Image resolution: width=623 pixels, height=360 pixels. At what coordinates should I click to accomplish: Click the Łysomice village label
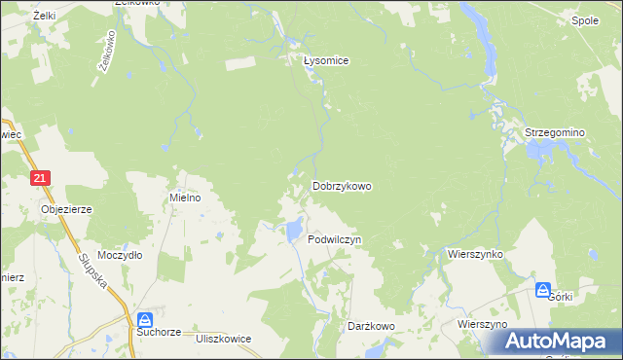click(x=325, y=60)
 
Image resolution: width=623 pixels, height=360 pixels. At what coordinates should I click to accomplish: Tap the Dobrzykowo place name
click(x=341, y=185)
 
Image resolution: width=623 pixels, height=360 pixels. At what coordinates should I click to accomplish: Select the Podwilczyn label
click(x=334, y=238)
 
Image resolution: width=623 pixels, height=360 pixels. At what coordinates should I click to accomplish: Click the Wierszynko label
click(x=474, y=253)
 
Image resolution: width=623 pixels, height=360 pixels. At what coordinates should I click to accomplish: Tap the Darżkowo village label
click(x=370, y=327)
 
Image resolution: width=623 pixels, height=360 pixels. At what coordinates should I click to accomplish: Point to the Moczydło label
click(x=121, y=254)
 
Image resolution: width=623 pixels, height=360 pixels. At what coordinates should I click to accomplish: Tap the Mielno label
click(x=185, y=197)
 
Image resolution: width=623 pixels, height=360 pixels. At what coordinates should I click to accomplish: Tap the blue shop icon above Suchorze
click(x=145, y=319)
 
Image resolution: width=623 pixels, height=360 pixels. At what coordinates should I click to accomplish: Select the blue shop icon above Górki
click(x=543, y=288)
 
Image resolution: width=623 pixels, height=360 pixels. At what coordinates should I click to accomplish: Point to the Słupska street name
click(x=90, y=275)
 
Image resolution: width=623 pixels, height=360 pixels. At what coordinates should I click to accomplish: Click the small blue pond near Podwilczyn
click(x=292, y=231)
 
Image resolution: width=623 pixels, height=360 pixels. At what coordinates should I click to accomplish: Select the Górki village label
click(x=561, y=297)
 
